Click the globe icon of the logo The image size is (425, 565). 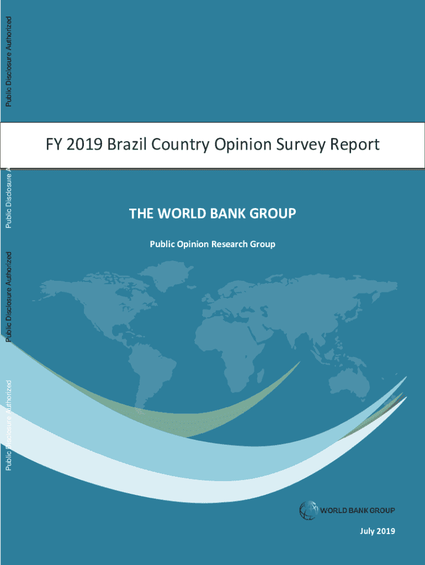click(308, 510)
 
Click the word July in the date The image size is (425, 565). click(368, 531)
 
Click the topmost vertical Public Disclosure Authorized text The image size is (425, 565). click(8, 61)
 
